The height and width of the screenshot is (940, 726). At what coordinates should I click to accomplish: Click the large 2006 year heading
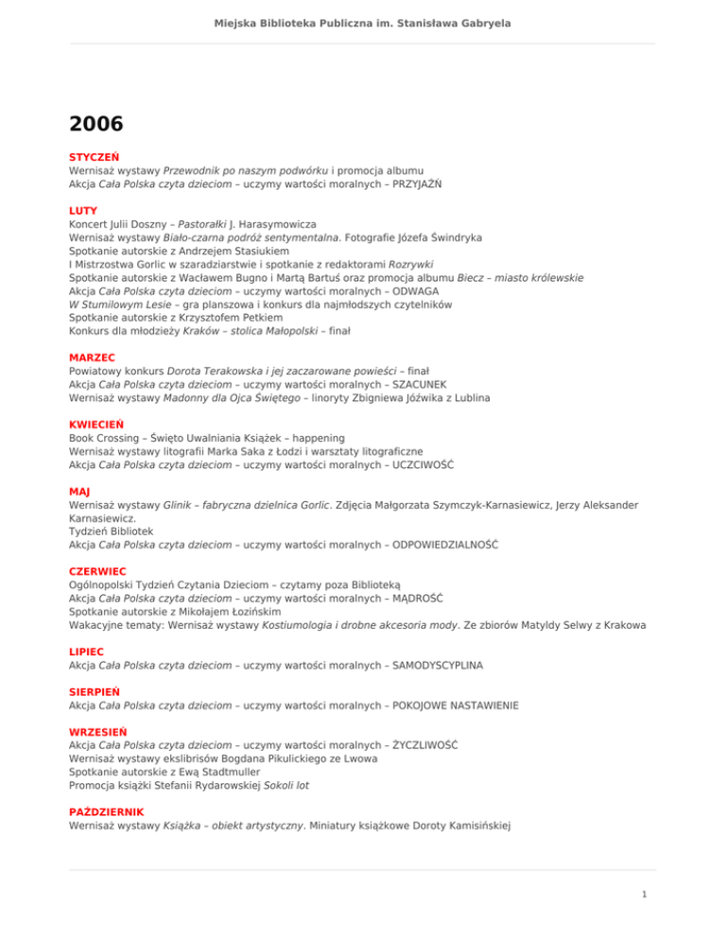[95, 123]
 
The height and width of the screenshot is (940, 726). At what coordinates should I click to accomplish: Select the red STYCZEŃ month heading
[92, 157]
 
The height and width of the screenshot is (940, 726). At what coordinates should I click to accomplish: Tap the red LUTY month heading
[83, 211]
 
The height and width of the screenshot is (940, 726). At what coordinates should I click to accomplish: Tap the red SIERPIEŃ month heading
[95, 692]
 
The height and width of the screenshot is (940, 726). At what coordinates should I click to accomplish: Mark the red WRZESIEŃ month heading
[99, 732]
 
